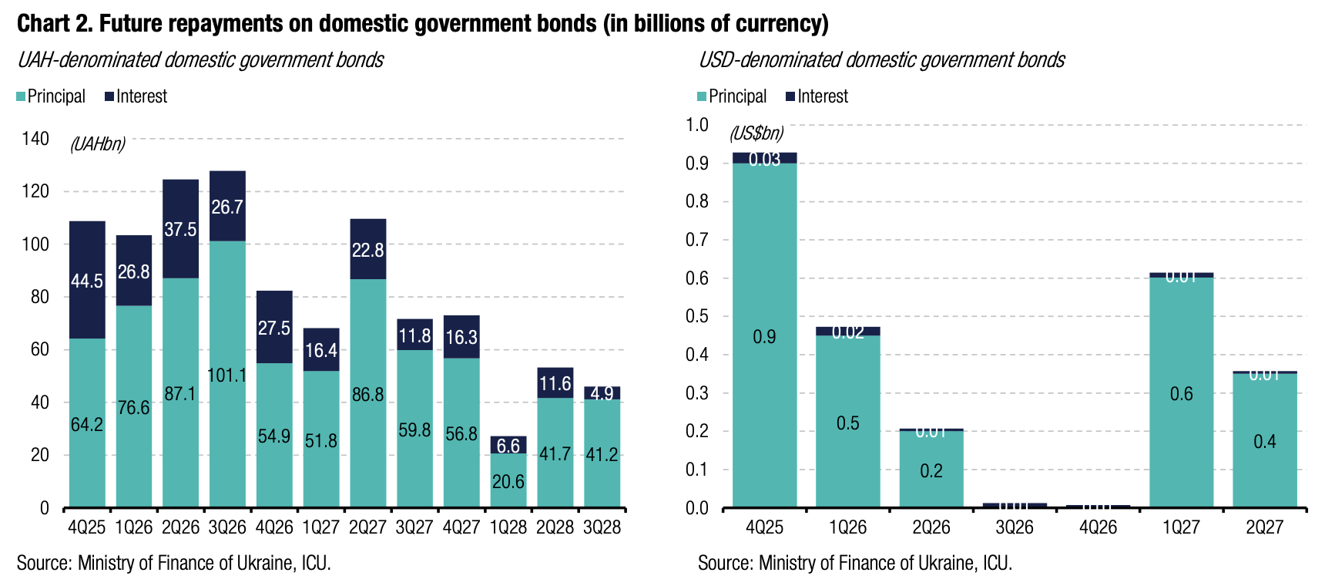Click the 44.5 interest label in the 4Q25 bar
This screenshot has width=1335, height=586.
coord(87,281)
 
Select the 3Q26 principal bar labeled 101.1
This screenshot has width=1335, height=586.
coord(227,376)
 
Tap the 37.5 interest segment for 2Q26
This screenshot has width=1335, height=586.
coord(180,229)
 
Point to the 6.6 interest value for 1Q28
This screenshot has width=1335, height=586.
coord(508,446)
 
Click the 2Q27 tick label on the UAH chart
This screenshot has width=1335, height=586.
coord(367,527)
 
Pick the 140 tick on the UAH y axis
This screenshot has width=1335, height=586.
coord(35,139)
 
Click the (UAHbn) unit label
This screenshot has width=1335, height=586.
coord(98,144)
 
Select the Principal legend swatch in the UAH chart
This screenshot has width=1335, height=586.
coord(21,97)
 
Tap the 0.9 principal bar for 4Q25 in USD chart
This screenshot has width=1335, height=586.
coord(764,337)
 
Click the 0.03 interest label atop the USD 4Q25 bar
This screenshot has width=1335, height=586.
coord(764,160)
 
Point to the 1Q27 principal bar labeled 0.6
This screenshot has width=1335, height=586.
coord(1181,394)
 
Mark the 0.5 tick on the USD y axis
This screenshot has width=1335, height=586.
coord(697,316)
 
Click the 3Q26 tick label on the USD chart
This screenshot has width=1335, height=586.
coord(1014,527)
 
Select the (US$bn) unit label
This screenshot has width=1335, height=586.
coord(756,133)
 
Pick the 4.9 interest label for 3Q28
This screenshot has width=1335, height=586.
coord(602,393)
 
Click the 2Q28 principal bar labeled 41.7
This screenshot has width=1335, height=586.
coord(555,453)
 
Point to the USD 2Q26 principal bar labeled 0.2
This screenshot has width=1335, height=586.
coord(931,470)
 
